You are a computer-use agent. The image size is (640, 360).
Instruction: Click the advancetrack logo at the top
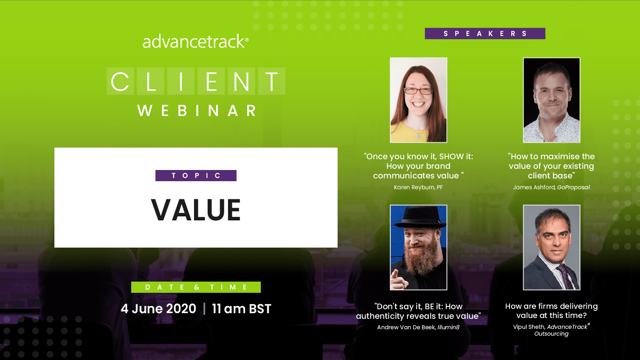(x=196, y=42)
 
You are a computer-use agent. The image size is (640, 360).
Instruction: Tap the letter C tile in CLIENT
(x=120, y=81)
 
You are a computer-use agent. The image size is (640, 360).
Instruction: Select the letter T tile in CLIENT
(x=272, y=81)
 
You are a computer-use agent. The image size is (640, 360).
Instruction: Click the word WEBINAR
(x=197, y=110)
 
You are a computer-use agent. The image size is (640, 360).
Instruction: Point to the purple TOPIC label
(x=196, y=176)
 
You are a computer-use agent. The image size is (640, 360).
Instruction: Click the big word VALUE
(x=196, y=210)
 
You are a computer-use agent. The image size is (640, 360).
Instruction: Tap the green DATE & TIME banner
(x=196, y=287)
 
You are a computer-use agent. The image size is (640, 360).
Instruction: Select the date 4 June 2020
(x=158, y=309)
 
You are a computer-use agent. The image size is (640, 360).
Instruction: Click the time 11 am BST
(x=242, y=309)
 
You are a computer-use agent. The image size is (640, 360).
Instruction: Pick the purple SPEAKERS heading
(x=485, y=34)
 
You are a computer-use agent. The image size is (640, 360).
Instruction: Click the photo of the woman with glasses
(x=418, y=100)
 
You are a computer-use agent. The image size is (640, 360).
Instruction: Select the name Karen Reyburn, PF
(x=418, y=188)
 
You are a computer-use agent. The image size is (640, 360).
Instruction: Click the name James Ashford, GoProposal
(x=551, y=188)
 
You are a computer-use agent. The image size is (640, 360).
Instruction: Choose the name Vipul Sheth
(x=529, y=327)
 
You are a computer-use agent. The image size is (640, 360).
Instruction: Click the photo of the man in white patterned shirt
(x=552, y=100)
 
